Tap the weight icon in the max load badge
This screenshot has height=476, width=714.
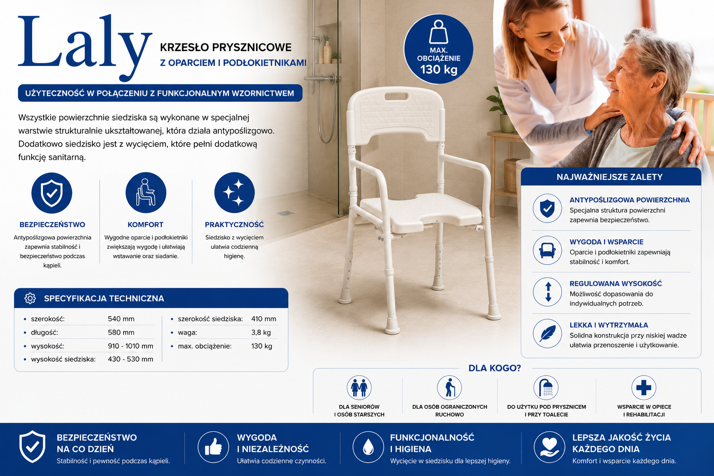point(438,32)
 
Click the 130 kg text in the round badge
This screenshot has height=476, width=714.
point(439,70)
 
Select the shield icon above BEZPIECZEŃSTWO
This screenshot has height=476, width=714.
point(52,193)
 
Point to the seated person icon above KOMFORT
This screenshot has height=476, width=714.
point(145,192)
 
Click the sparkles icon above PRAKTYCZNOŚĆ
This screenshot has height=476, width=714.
point(234,192)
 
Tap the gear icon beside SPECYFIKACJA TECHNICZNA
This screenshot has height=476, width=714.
point(30,298)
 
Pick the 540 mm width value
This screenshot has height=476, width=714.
point(121,319)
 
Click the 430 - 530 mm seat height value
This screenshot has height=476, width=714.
point(130,359)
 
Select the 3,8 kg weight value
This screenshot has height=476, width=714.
point(261,332)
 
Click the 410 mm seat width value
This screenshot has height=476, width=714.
point(264,319)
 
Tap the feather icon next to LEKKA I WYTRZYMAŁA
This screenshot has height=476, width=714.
point(547,333)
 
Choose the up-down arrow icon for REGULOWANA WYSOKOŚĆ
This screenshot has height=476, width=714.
point(547,292)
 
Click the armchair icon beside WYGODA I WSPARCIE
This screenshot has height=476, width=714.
point(547,250)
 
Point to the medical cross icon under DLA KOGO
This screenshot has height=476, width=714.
point(643,388)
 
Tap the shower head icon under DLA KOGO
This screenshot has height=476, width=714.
point(546,388)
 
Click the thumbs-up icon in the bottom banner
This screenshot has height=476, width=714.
point(213,447)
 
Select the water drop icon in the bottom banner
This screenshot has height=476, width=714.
point(368,447)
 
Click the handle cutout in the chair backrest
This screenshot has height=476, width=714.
point(397,97)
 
